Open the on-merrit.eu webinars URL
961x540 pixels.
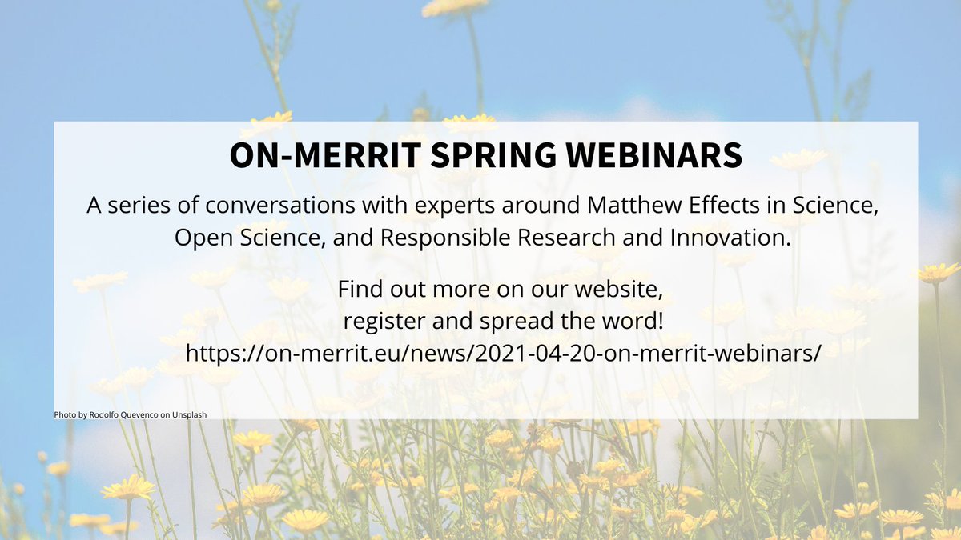pyautogui.click(x=503, y=353)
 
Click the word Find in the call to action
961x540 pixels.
pyautogui.click(x=358, y=287)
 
